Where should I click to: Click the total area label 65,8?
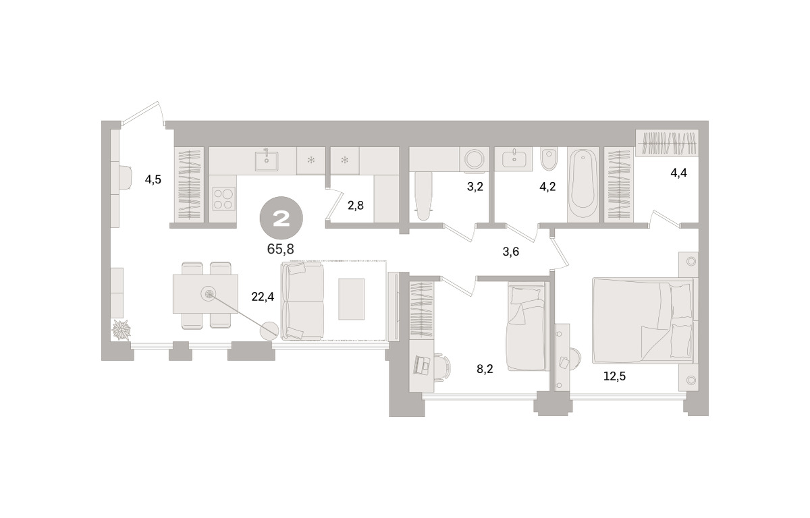tap(280, 249)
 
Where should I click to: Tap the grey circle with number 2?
tap(281, 218)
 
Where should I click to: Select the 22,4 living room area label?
tap(263, 297)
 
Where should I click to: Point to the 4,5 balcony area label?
tap(153, 179)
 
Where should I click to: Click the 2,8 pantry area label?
tap(356, 206)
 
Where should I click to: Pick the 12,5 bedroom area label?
tap(614, 376)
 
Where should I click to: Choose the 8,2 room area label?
tap(485, 369)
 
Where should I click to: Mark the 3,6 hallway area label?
tap(510, 252)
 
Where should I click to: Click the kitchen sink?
tap(267, 161)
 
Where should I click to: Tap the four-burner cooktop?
tap(223, 199)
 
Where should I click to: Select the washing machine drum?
tap(474, 159)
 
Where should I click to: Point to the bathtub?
tap(583, 185)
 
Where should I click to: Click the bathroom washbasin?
tap(514, 159)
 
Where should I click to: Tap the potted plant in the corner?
tap(121, 329)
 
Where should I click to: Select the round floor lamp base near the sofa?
tap(269, 330)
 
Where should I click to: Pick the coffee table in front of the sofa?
tap(351, 299)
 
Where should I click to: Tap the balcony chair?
tap(126, 177)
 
